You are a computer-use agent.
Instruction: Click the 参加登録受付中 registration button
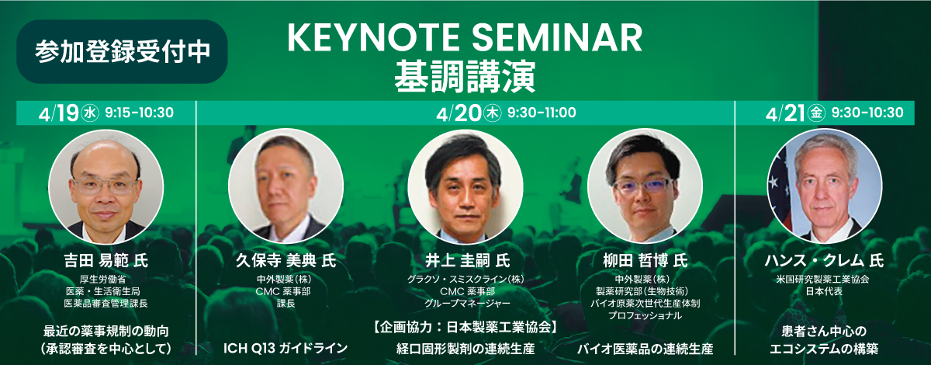click(122, 51)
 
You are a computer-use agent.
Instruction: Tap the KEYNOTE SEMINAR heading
click(465, 38)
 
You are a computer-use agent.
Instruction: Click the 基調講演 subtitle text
click(465, 77)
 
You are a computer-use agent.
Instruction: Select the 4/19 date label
click(58, 113)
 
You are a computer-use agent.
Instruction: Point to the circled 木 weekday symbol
click(493, 113)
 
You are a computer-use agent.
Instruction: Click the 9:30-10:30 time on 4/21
click(867, 113)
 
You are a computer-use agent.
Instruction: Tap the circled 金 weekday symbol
click(816, 113)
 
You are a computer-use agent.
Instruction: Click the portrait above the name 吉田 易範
click(106, 186)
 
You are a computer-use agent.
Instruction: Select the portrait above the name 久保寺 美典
click(286, 186)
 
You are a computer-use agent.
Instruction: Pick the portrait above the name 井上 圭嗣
click(465, 186)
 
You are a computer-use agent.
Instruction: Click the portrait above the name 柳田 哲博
click(645, 186)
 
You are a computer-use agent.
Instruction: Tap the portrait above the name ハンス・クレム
click(825, 186)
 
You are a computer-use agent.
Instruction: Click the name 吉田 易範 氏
click(106, 261)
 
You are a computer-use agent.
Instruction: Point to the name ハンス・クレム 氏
click(825, 261)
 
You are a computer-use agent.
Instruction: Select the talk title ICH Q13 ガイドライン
click(286, 348)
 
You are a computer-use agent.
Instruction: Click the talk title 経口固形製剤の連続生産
click(465, 349)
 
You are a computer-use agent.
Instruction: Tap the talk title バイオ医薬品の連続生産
click(645, 349)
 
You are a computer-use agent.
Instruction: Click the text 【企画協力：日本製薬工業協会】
click(465, 328)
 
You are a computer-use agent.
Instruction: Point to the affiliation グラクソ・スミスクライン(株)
click(465, 280)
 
